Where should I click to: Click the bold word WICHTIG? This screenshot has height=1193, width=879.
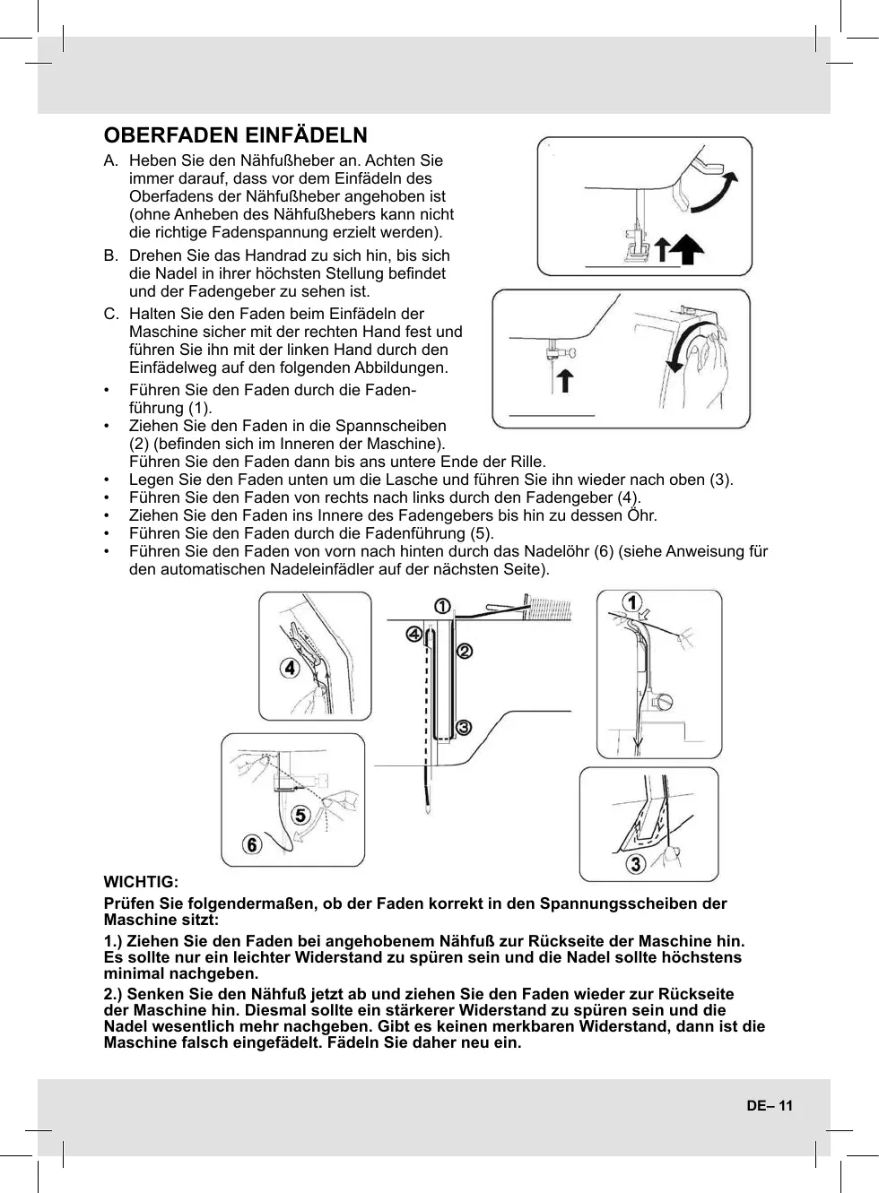pyautogui.click(x=141, y=883)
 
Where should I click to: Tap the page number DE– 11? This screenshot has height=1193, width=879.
pyautogui.click(x=770, y=1105)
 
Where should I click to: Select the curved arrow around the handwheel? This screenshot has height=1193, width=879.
pyautogui.click(x=687, y=350)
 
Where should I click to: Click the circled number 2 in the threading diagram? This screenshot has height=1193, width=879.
pyautogui.click(x=465, y=651)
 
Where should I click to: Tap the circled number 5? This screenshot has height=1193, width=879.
pyautogui.click(x=300, y=815)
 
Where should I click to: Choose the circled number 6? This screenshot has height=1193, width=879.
pyautogui.click(x=254, y=844)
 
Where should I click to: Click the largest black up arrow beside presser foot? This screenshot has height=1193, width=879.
pyautogui.click(x=687, y=249)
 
